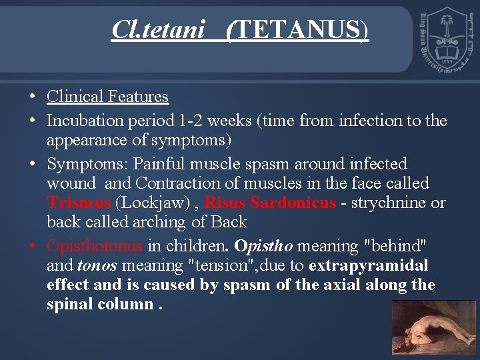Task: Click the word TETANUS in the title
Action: click(x=298, y=30)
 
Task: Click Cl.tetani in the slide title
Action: click(x=158, y=30)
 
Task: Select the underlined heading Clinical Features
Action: click(x=107, y=97)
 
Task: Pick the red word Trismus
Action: click(x=79, y=203)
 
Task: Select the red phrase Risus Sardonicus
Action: click(x=270, y=203)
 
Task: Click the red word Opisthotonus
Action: click(x=94, y=246)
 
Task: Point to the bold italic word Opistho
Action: click(x=264, y=246)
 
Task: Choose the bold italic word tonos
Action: click(x=97, y=265)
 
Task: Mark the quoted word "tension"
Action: click(x=220, y=265)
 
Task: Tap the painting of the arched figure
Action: click(x=433, y=329)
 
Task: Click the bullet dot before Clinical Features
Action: click(x=33, y=97)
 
